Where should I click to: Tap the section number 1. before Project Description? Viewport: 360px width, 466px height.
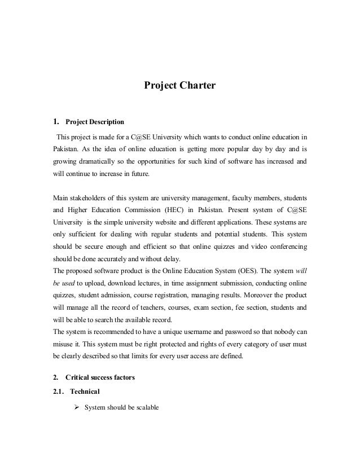[x=56, y=121]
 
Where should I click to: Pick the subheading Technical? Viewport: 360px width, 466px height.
[x=85, y=392]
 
